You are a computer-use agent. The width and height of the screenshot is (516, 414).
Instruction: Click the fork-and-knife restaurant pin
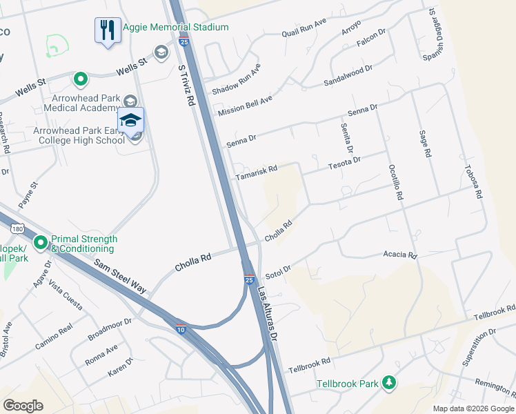click(107, 31)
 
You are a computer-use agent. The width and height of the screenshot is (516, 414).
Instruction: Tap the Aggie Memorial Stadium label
click(175, 27)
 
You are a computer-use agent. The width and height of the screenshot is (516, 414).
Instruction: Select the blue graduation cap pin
click(130, 119)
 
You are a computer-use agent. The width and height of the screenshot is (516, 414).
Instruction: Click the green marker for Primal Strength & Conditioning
click(41, 242)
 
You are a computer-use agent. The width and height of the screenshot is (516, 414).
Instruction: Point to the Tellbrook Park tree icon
click(389, 382)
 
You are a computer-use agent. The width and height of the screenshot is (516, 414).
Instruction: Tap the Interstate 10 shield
click(181, 328)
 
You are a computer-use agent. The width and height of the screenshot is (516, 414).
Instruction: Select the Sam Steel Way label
click(121, 275)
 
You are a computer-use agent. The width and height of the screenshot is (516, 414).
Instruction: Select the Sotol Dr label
click(279, 270)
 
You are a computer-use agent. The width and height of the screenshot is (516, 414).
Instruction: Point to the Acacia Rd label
click(400, 255)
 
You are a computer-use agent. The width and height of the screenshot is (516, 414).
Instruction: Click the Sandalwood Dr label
click(348, 77)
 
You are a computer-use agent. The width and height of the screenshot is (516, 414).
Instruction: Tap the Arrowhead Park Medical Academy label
click(81, 103)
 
